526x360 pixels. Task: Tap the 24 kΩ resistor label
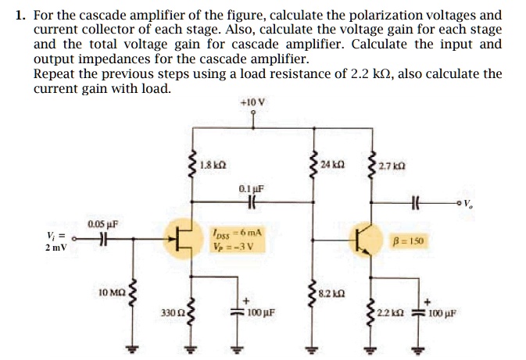(333, 164)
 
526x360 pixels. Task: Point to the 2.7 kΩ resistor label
(390, 165)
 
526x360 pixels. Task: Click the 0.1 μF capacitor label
(252, 188)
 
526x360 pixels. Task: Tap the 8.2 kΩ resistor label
(334, 294)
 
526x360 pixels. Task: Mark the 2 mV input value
(55, 248)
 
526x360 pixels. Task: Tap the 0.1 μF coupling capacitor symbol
(252, 201)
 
